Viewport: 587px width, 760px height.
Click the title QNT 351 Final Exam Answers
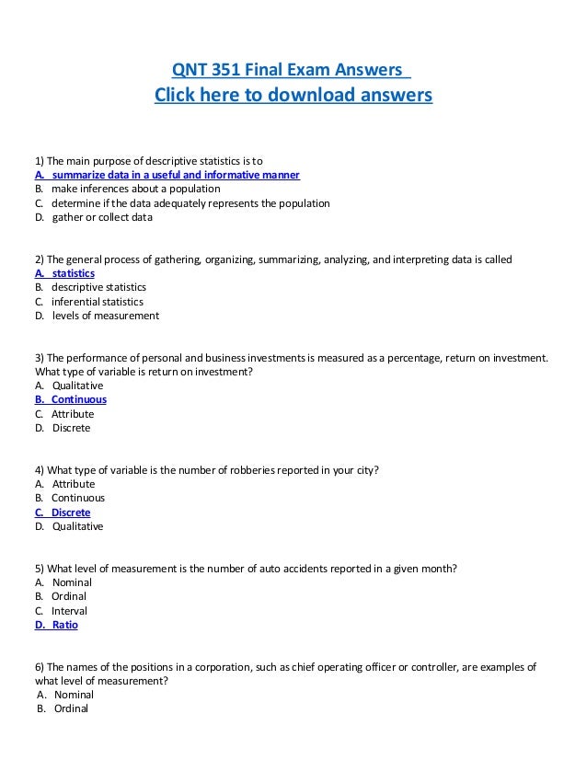292,70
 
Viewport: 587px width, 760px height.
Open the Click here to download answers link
293,96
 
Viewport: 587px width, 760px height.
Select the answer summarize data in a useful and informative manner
175,175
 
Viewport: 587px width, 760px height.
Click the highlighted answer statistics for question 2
72,273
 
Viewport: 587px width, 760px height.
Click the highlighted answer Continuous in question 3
78,399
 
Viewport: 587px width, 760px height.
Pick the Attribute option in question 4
73,484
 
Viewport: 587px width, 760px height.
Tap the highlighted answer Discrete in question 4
70,512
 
